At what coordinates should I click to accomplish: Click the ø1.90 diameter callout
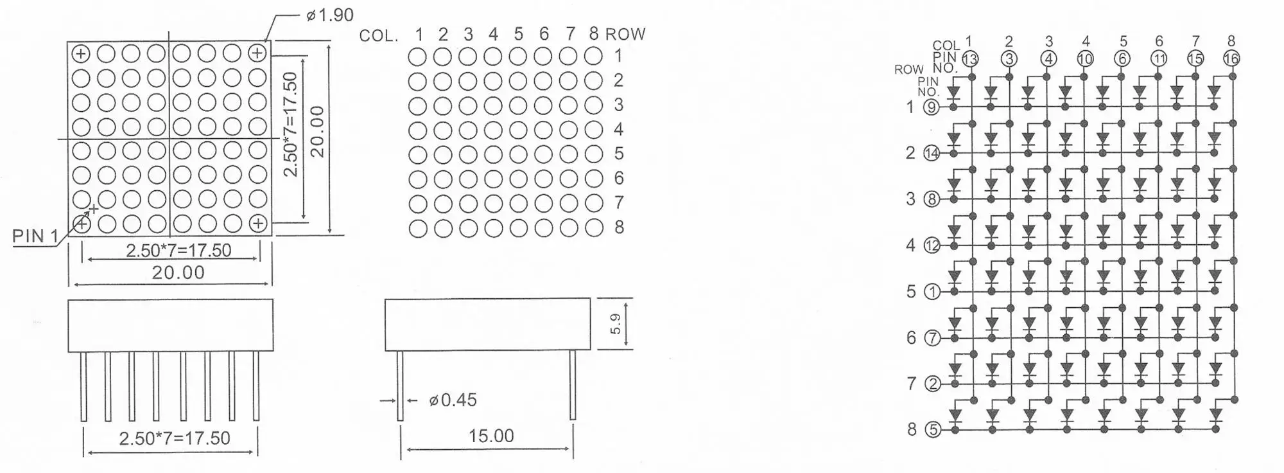(330, 15)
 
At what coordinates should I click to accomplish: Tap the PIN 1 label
(35, 236)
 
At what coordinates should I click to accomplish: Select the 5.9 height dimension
(616, 323)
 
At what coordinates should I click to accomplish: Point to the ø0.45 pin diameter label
(453, 400)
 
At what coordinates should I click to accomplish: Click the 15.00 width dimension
(491, 436)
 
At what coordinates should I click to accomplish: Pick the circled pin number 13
(969, 59)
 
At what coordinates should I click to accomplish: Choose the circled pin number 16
(1231, 59)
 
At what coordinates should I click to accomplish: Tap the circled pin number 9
(931, 107)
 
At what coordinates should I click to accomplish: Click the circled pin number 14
(931, 153)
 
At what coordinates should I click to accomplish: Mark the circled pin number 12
(932, 245)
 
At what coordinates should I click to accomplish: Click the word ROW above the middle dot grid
(625, 34)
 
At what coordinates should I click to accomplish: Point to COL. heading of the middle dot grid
(379, 35)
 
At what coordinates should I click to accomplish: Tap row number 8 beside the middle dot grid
(619, 228)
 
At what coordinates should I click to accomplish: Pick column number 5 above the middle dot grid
(518, 34)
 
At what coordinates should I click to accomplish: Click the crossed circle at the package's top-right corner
(257, 53)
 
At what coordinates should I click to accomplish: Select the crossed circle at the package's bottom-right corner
(257, 223)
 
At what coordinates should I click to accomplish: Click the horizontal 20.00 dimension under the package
(178, 272)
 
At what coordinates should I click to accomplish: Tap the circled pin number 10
(1084, 59)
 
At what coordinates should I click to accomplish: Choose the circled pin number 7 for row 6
(932, 338)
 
